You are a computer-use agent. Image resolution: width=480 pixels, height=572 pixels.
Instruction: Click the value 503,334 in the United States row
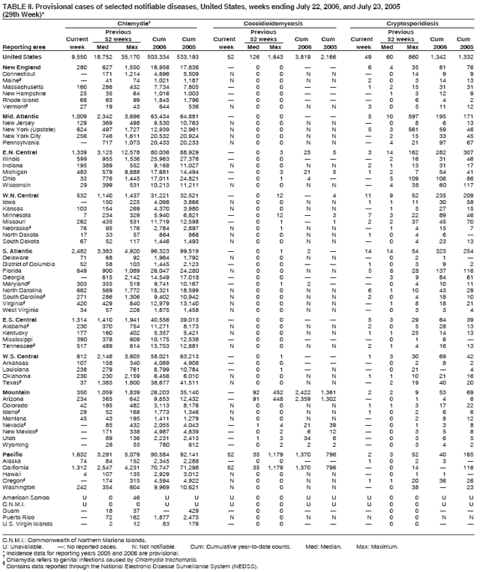point(165,57)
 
